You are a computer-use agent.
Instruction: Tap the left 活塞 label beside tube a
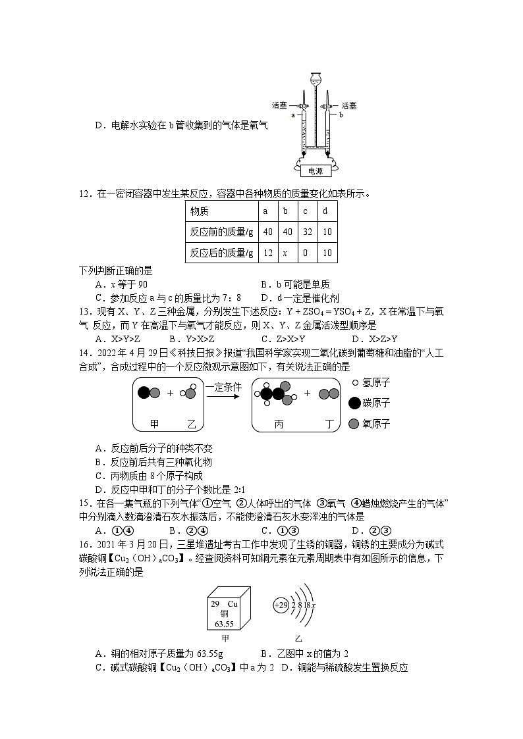280,105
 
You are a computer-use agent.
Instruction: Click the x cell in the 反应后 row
285,253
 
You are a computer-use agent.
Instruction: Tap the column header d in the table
325,211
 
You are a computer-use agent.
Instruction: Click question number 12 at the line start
84,193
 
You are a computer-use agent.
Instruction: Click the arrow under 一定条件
229,398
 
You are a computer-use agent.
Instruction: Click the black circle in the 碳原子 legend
354,403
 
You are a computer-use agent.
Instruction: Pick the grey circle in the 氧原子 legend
354,424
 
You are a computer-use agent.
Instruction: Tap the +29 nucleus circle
281,605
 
